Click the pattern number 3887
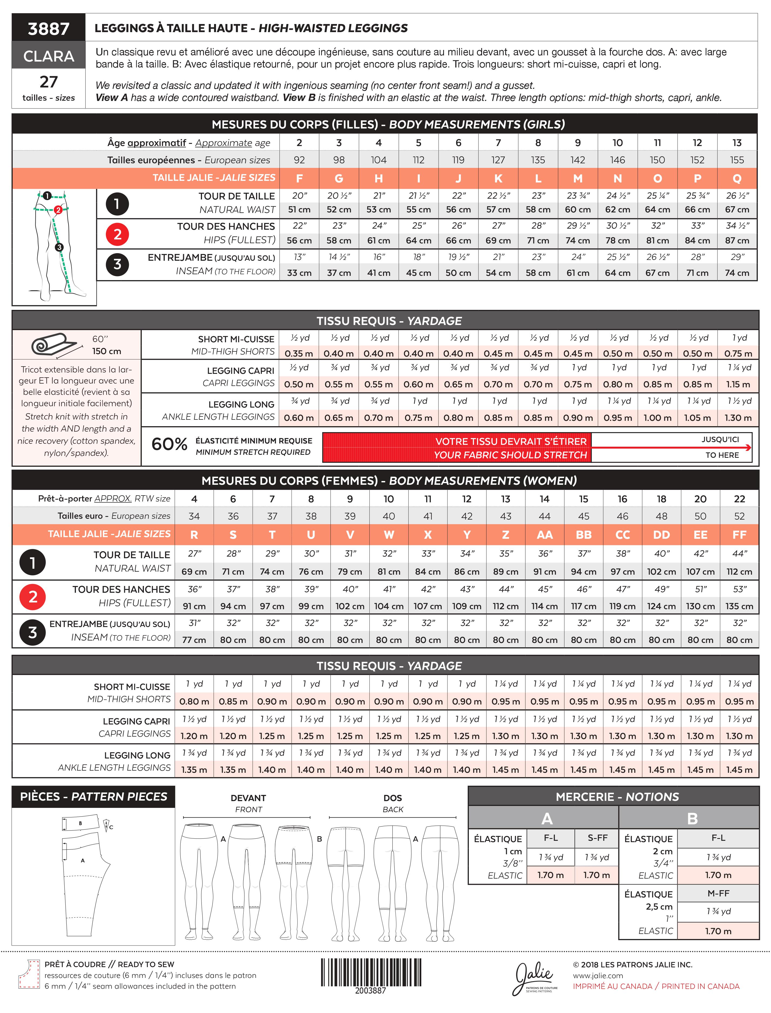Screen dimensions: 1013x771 [49, 28]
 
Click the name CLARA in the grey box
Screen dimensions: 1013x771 [49, 56]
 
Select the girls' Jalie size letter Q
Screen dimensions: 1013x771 [737, 178]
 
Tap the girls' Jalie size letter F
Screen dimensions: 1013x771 [299, 178]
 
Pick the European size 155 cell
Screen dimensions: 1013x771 [737, 160]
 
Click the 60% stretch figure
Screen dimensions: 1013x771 [169, 444]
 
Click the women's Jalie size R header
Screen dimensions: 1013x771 [194, 535]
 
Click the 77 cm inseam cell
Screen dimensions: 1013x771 [194, 640]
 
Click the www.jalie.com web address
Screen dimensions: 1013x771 [598, 975]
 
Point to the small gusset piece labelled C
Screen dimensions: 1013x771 [107, 825]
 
